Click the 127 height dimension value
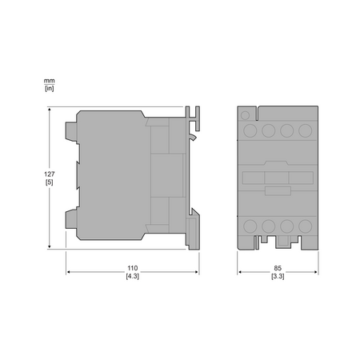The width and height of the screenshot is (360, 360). [50, 174]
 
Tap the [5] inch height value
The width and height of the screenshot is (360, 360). [50, 182]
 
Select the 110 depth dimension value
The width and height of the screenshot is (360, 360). [133, 268]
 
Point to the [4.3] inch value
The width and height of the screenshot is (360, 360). [133, 276]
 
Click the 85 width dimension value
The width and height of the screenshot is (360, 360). [278, 268]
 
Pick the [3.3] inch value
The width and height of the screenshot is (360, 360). [278, 276]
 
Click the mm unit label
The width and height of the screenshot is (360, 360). [50, 81]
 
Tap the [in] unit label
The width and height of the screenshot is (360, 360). [50, 88]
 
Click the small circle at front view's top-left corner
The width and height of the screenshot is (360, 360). [245, 115]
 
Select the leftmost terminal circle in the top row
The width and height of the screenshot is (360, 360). [250, 130]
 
